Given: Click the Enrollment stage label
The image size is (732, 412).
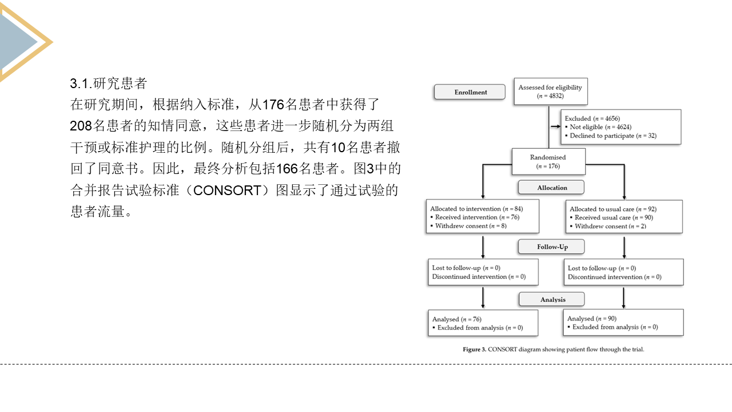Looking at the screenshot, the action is tap(470, 92).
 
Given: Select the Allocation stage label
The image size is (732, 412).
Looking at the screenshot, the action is tap(551, 188).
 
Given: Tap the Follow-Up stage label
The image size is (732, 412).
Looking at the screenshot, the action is tap(551, 247).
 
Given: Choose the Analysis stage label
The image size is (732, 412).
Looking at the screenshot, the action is tap(552, 299).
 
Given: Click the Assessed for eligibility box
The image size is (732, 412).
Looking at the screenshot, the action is tap(551, 92).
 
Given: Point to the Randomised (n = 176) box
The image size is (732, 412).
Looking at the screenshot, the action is tap(548, 161).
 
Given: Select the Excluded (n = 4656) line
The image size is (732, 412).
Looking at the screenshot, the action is tap(592, 118).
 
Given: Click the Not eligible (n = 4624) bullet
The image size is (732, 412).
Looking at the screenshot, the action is tap(598, 127).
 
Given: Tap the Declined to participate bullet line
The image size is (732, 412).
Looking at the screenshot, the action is tap(610, 136).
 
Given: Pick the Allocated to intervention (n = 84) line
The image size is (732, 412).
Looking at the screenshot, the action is tap(476, 209).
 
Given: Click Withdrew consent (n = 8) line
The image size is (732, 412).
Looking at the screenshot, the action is tap(468, 226).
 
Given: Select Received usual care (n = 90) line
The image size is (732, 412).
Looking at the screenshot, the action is tap(611, 217).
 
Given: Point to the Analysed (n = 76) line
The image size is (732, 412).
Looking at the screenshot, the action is tap(457, 319).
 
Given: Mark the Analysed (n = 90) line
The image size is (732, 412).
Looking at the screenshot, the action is tap(592, 319).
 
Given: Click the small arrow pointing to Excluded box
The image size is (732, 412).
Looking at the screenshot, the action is tap(555, 126).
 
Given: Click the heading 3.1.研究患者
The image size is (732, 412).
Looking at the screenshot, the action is tap(109, 84).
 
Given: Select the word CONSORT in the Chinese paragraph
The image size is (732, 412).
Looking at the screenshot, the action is tap(227, 191).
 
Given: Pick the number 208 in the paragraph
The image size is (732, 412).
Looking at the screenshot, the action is tap(81, 126).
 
